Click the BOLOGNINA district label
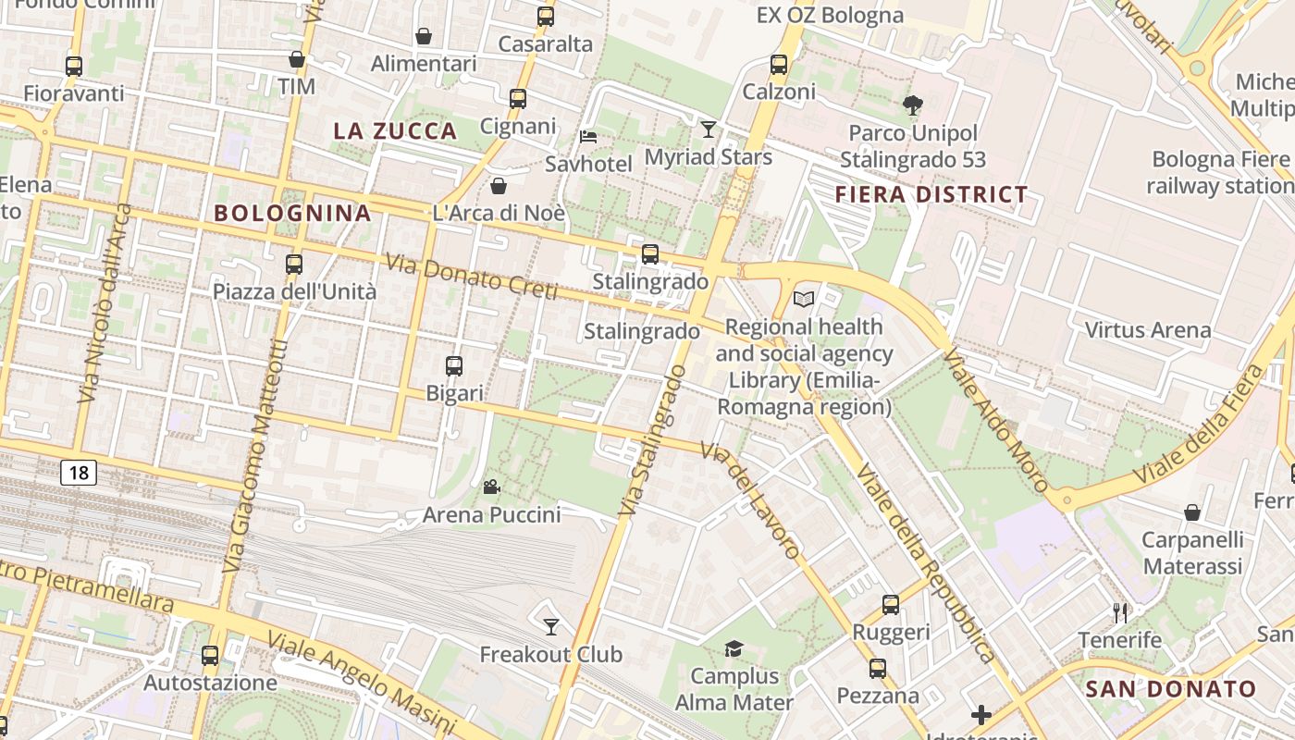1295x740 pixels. click(292, 214)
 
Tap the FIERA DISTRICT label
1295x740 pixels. click(931, 195)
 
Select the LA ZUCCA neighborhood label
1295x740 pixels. click(395, 131)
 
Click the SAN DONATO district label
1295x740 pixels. click(1170, 689)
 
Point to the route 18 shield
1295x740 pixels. click(79, 474)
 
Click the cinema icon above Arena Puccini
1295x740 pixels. click(491, 487)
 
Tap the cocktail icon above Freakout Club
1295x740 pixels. click(551, 627)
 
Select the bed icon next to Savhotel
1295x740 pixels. click(588, 137)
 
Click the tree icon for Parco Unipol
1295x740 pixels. click(912, 105)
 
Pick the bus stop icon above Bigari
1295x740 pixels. click(454, 365)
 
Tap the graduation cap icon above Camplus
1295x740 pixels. click(734, 648)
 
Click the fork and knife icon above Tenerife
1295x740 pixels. click(1120, 612)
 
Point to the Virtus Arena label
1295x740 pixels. click(1147, 330)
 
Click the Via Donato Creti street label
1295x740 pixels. click(471, 277)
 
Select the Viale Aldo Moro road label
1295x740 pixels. click(995, 422)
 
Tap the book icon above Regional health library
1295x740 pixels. click(805, 299)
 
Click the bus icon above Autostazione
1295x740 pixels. click(210, 656)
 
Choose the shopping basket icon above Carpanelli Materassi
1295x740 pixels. click(1192, 512)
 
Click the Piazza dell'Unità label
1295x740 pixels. click(294, 292)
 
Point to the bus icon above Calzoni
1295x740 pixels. click(779, 65)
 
